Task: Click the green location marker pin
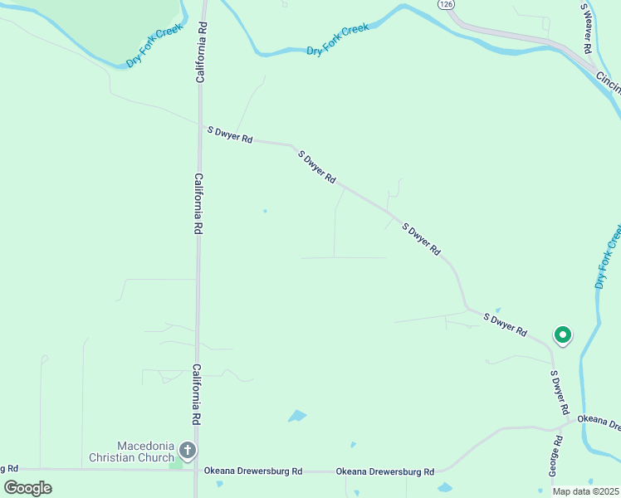pos(562,335)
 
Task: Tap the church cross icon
pos(188,452)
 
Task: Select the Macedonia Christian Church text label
pos(134,451)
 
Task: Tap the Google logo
pos(27,487)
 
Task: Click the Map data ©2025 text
pos(585,491)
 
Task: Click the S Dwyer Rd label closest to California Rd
pos(229,134)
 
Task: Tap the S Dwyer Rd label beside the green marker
pos(506,324)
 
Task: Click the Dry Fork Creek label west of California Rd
pos(154,45)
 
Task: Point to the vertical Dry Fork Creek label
pos(608,256)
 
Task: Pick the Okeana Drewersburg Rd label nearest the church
pos(253,471)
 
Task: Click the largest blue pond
pos(296,415)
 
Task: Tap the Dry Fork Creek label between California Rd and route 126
pos(337,40)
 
